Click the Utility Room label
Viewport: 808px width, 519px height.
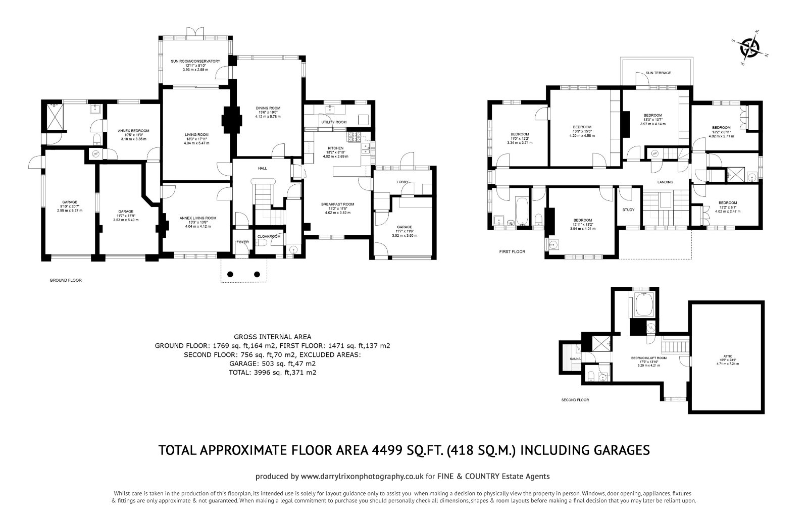click(x=334, y=123)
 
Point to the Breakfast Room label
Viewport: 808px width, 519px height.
click(x=337, y=204)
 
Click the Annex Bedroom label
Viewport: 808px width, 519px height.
click(x=130, y=131)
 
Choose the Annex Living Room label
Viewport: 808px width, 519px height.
click(x=197, y=218)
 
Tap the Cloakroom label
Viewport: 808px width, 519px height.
click(x=269, y=236)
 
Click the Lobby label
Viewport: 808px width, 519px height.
click(x=402, y=182)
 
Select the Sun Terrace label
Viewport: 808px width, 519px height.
click(x=659, y=73)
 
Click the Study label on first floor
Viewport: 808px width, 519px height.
click(x=628, y=210)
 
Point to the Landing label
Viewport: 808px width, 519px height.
click(x=665, y=182)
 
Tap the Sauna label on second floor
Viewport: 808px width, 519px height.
click(x=575, y=359)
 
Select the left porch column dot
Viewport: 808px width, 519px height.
click(x=230, y=274)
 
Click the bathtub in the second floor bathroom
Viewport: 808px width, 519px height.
click(x=642, y=304)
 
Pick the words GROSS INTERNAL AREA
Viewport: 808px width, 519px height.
click(x=273, y=336)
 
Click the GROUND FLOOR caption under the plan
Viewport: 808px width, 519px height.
click(x=65, y=280)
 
